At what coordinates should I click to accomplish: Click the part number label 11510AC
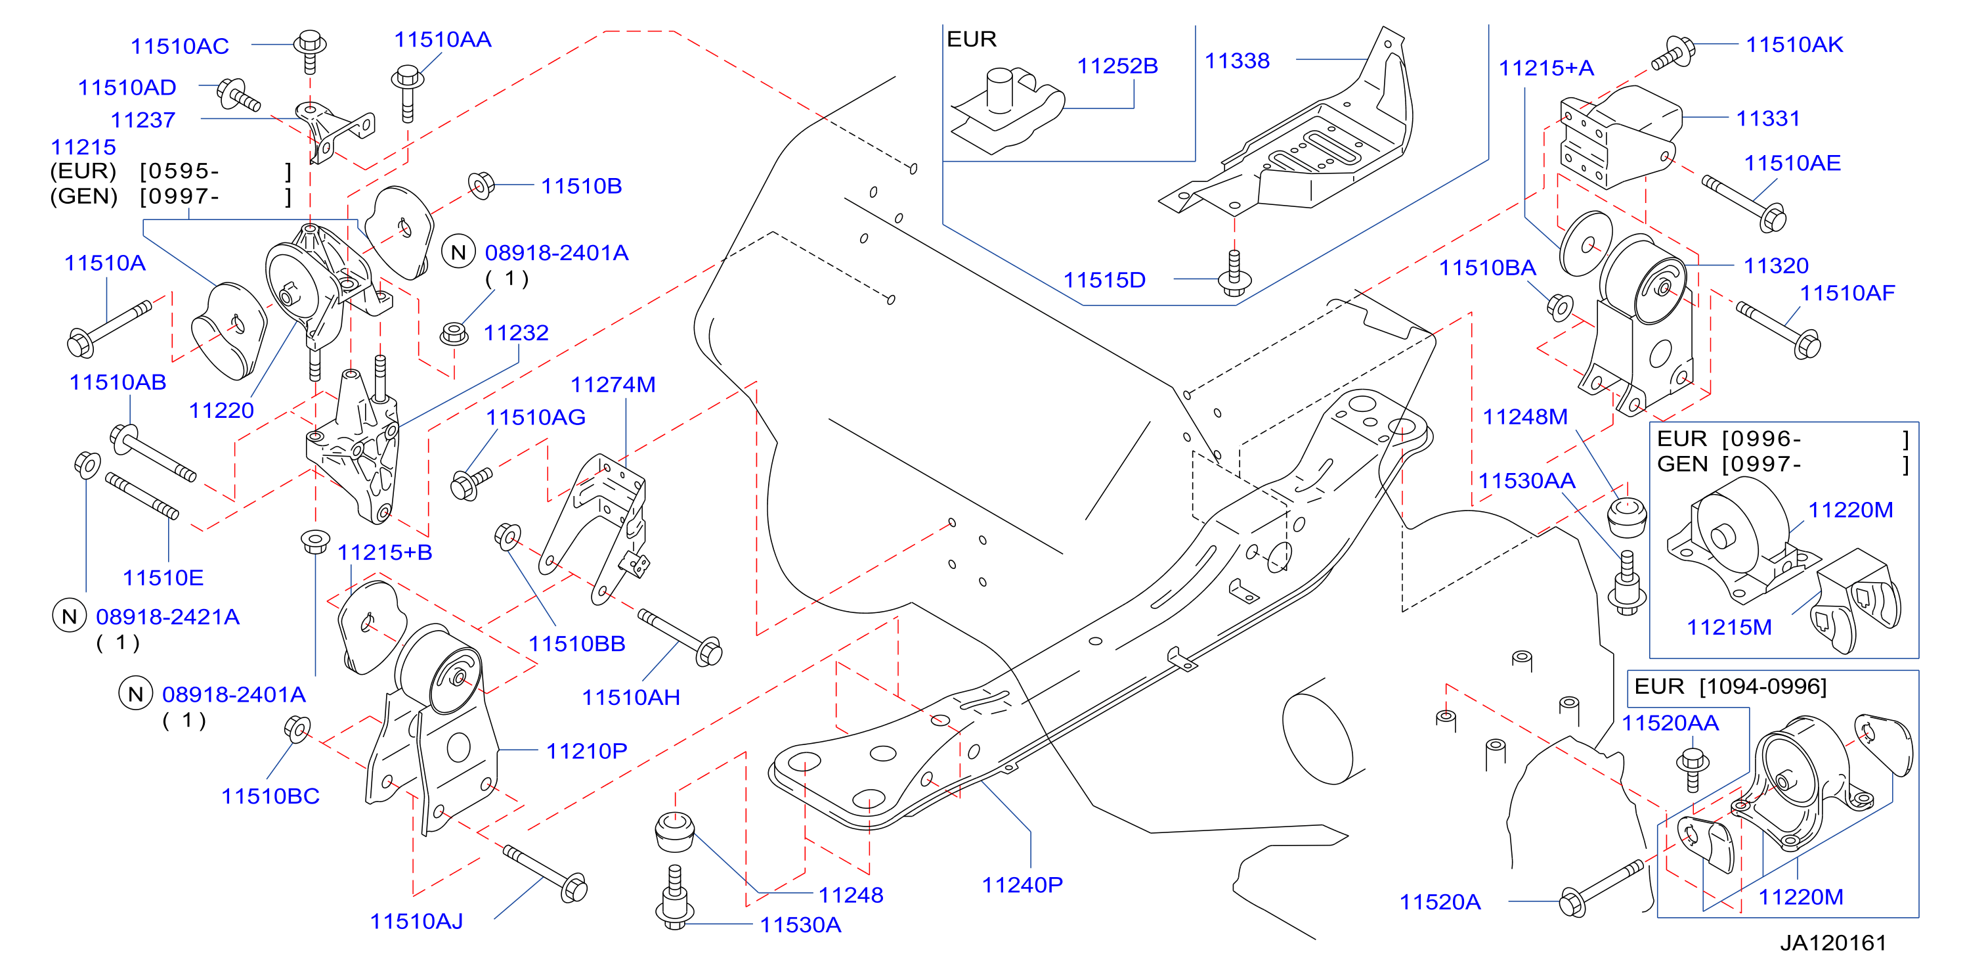pos(180,46)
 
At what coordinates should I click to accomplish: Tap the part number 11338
pos(1237,61)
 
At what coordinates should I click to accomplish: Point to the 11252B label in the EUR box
pos(1117,66)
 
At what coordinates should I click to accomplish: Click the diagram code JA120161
pos(1832,943)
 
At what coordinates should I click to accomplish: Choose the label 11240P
pos(1022,885)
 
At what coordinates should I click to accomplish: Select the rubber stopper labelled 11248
pos(675,830)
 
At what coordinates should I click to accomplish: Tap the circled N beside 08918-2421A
pos(70,616)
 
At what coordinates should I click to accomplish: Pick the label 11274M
pos(613,385)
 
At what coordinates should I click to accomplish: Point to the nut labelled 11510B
pos(481,185)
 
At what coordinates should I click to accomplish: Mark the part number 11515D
pos(1104,280)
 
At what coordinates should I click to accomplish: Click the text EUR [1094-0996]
pos(1730,687)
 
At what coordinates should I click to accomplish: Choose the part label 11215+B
pos(385,553)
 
